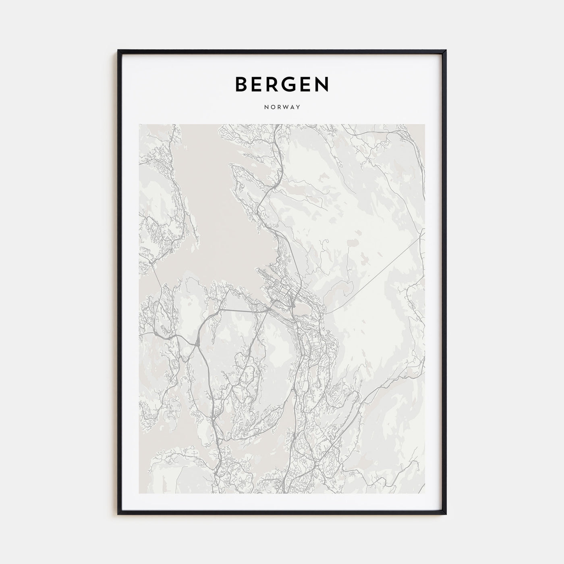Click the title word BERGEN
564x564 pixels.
pyautogui.click(x=282, y=84)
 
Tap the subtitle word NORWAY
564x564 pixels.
pyautogui.click(x=282, y=108)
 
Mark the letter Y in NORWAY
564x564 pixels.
pyautogui.click(x=299, y=108)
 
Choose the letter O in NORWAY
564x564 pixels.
pyautogui.click(x=272, y=108)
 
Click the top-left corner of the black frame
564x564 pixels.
pyautogui.click(x=118, y=50)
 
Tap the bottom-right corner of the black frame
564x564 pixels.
pyautogui.click(x=446, y=513)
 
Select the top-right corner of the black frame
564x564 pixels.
pyautogui.click(x=446, y=50)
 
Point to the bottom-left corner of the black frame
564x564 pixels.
pyautogui.click(x=118, y=513)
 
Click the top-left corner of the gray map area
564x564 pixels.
pyautogui.click(x=139, y=124)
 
